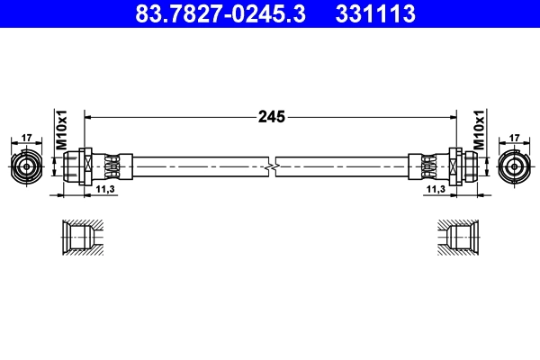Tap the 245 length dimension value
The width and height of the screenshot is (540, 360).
(x=271, y=116)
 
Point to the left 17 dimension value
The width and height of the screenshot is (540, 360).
(x=26, y=138)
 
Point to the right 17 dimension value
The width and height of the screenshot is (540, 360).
(x=515, y=138)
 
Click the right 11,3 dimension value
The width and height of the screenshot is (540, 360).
(x=436, y=190)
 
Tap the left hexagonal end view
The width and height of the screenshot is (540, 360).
(x=26, y=166)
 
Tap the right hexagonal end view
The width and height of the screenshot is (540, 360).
(x=514, y=166)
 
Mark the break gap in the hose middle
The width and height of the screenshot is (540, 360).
(x=271, y=166)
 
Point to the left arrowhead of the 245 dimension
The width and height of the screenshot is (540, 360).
(x=88, y=116)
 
